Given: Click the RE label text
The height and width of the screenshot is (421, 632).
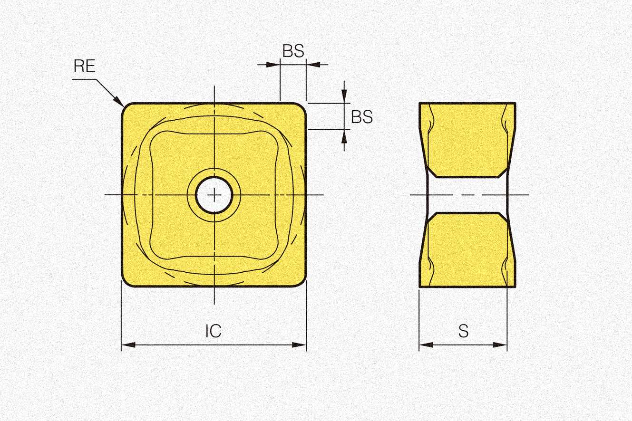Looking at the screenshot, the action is [85, 66].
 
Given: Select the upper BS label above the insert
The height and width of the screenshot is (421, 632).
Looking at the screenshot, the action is [293, 51].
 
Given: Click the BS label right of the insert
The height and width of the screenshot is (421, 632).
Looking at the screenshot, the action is [362, 116].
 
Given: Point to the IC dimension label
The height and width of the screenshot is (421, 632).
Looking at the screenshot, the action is [214, 331].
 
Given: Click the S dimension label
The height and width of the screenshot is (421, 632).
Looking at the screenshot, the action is [463, 331].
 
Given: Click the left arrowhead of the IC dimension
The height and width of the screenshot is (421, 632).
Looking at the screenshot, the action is [128, 345].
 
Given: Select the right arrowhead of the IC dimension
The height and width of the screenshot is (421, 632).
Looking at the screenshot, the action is [299, 345].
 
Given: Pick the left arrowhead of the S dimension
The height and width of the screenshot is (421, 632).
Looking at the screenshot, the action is [426, 345].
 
